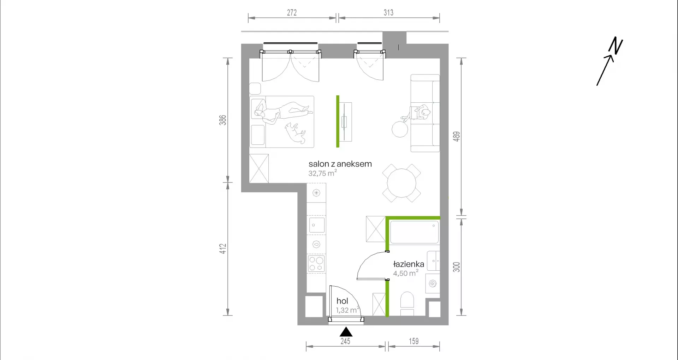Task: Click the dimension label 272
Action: click(x=292, y=13)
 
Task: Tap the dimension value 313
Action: click(x=388, y=13)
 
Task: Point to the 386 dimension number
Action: click(x=222, y=120)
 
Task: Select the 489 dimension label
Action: click(x=457, y=137)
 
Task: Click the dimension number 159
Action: click(x=414, y=341)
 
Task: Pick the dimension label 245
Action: click(x=345, y=341)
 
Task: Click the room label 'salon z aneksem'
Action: click(x=340, y=164)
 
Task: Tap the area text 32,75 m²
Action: click(x=322, y=173)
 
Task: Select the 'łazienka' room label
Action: click(x=409, y=264)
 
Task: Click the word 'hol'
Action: click(x=342, y=301)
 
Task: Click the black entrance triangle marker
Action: click(x=346, y=332)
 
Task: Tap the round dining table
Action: click(x=402, y=183)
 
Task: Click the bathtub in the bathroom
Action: click(x=414, y=232)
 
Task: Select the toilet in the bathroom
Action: click(x=407, y=303)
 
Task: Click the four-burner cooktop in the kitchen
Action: click(x=316, y=264)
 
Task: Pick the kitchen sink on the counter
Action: click(x=316, y=225)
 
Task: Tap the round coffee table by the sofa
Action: click(x=400, y=129)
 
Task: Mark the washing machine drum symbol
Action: click(x=433, y=283)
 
